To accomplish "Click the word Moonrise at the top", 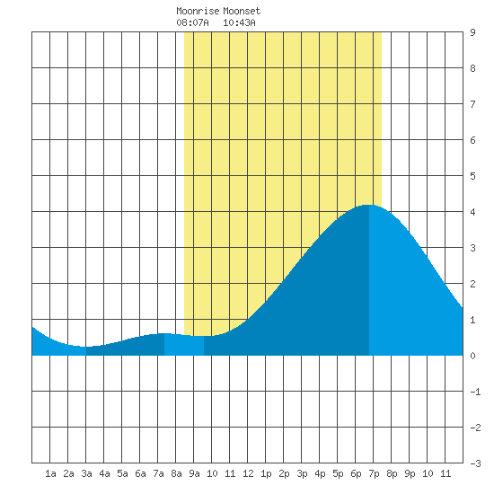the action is (x=198, y=11).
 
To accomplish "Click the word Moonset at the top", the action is (x=242, y=11).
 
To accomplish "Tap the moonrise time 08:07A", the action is (x=192, y=22).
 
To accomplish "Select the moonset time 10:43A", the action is (x=239, y=22).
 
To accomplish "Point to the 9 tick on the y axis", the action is (x=472, y=32).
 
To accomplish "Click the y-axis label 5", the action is (x=472, y=176).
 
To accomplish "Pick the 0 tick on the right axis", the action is (x=472, y=356).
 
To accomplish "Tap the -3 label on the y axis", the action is (x=475, y=463).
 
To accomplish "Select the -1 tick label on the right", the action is (x=475, y=392).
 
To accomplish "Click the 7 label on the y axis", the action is (x=472, y=104).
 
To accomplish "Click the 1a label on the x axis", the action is (x=50, y=473).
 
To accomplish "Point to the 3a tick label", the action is (x=86, y=473).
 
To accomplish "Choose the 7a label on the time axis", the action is (x=158, y=473).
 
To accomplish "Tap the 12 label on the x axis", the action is (x=248, y=473).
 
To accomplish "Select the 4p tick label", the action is (x=320, y=473).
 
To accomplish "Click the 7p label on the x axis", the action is (x=374, y=473).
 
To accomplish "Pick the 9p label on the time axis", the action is (x=410, y=473).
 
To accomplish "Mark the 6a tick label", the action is (x=140, y=473).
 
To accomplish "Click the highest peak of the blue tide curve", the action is (x=368, y=205).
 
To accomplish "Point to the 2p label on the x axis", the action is (x=284, y=473).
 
